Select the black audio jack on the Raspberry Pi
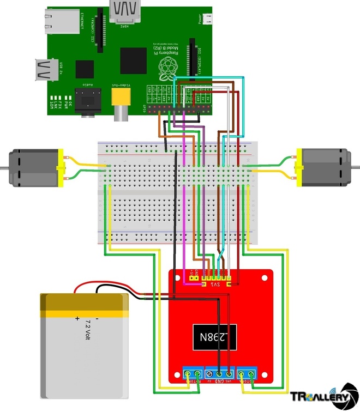[x=87, y=102]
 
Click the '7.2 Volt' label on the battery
[x=86, y=330]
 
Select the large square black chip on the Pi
[x=134, y=60]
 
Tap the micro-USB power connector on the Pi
[x=207, y=20]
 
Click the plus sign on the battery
[x=77, y=318]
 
